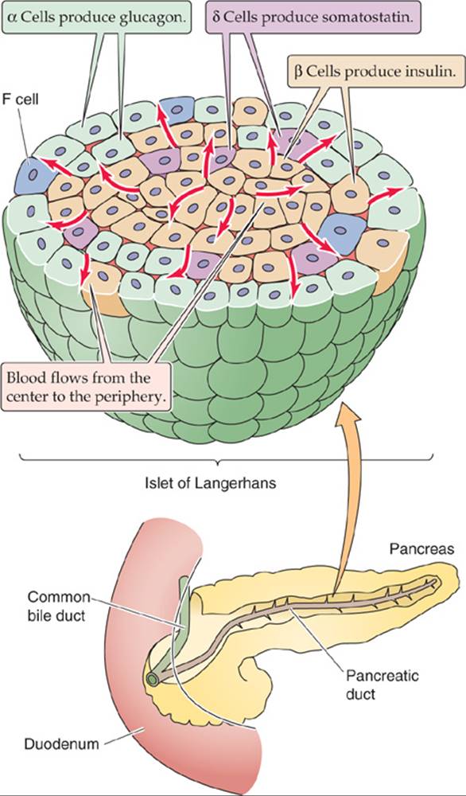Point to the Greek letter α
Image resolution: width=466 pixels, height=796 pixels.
click(x=14, y=16)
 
